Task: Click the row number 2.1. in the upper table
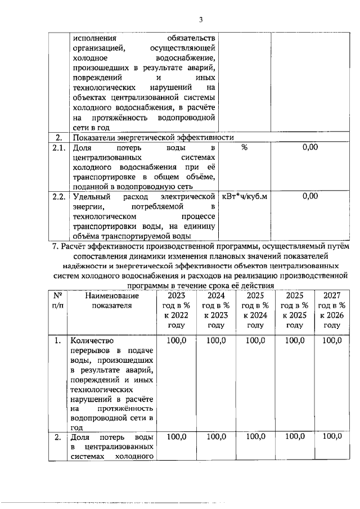tap(56, 147)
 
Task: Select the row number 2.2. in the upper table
tap(56, 196)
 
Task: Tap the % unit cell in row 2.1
tap(244, 147)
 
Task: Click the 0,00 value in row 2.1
tap(310, 147)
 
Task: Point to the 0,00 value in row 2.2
tap(310, 196)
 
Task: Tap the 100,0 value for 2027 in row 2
tap(332, 436)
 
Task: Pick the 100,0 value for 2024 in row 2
tap(215, 436)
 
